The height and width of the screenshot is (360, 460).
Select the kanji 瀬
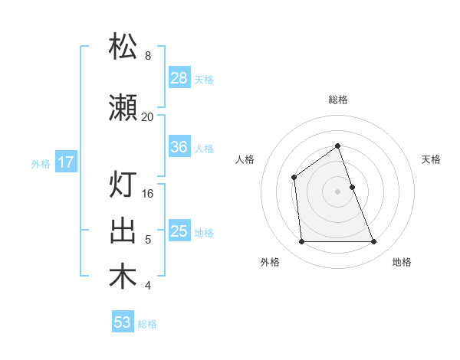(x=123, y=109)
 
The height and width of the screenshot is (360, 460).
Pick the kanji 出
(x=123, y=231)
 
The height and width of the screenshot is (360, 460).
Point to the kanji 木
(x=123, y=277)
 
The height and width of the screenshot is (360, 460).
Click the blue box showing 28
(x=179, y=78)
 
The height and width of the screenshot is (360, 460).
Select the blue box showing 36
(x=179, y=147)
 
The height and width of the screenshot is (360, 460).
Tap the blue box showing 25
(x=179, y=231)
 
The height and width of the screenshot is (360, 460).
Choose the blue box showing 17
(x=65, y=162)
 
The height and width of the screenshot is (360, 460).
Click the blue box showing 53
(x=123, y=322)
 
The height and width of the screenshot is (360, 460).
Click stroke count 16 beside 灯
(x=148, y=194)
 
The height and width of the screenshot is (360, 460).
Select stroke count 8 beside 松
(x=148, y=55)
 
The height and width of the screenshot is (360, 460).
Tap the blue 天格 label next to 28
(x=204, y=79)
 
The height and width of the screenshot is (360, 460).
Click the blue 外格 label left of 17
(x=41, y=163)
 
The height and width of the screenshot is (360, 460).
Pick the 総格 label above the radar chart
(x=337, y=100)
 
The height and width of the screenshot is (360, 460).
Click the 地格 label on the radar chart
(x=402, y=262)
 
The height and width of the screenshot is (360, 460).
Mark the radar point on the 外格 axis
(x=301, y=242)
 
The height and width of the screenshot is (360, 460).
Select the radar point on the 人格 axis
(x=294, y=178)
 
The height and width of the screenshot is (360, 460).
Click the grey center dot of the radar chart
(x=337, y=191)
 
